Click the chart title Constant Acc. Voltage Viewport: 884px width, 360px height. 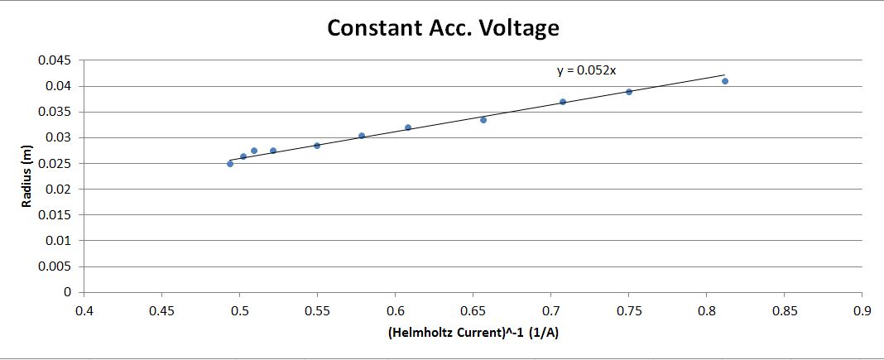coord(443,28)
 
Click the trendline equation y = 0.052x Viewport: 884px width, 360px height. coord(586,71)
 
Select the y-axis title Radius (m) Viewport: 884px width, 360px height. coord(27,175)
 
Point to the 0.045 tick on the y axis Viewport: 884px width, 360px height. coord(59,60)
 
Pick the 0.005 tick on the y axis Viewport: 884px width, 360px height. coord(59,266)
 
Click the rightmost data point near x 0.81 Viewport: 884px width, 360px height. coord(725,81)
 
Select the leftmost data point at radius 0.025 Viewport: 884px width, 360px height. coord(230,164)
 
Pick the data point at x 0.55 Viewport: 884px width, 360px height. coord(317,146)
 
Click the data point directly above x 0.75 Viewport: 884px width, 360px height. coord(629,92)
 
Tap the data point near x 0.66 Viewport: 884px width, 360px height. coord(483,120)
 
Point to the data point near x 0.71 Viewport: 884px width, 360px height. coord(563,102)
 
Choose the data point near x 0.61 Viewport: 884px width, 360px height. coord(408,127)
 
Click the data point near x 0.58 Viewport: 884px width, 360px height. coord(362,136)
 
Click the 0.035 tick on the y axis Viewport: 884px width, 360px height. coord(59,112)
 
